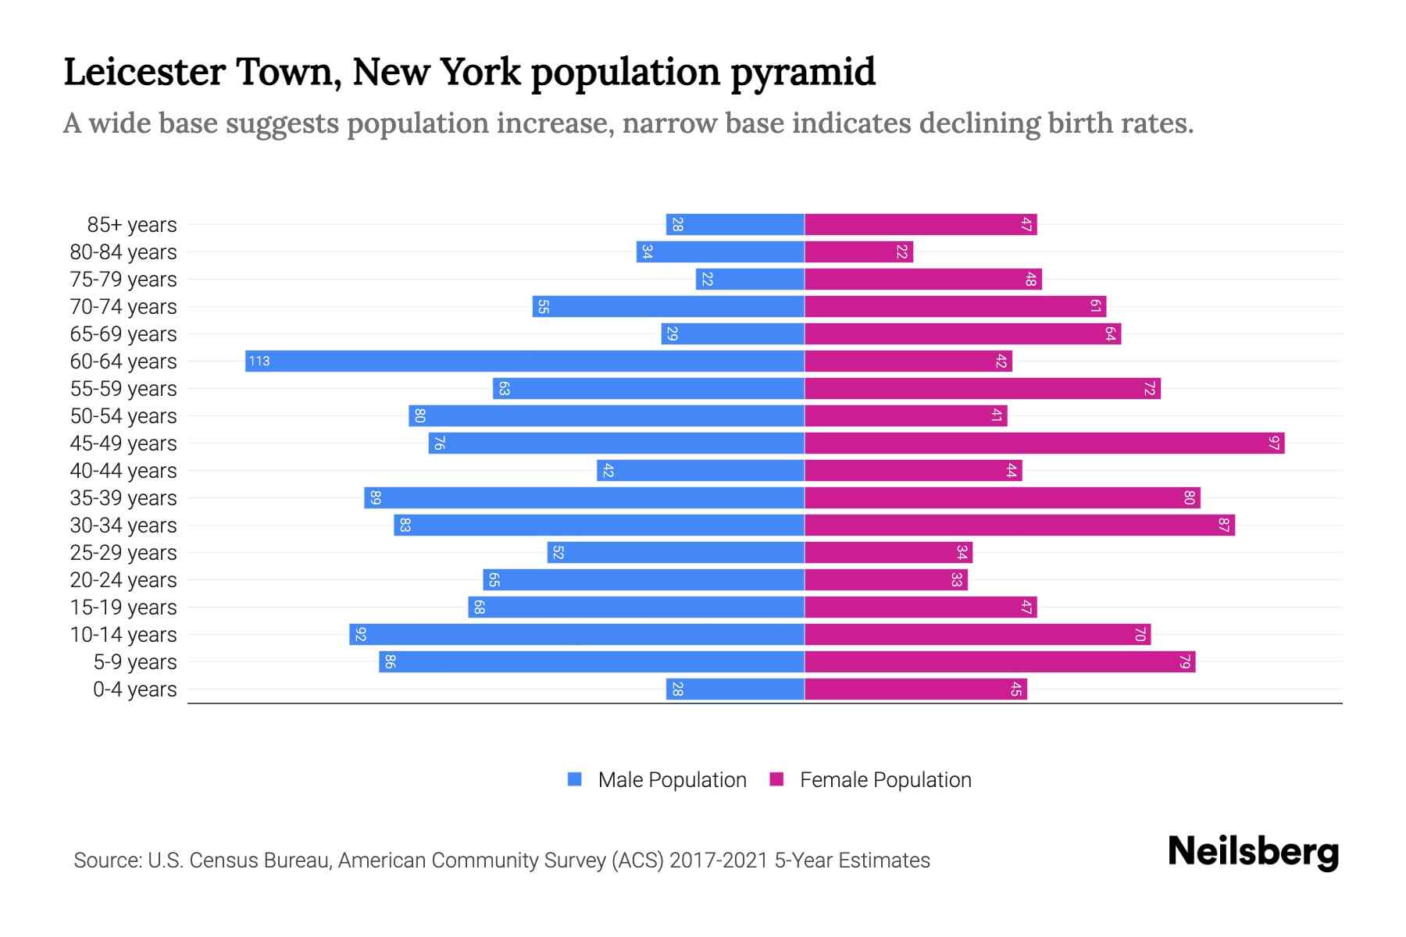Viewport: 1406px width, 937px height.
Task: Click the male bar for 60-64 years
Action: pyautogui.click(x=525, y=361)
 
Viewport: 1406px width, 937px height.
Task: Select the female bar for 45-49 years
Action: pyautogui.click(x=1044, y=444)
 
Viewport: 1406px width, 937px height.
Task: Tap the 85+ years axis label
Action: pyautogui.click(x=132, y=225)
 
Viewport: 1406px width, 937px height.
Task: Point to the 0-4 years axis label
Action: pyautogui.click(x=134, y=689)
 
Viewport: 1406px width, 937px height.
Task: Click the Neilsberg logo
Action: pyautogui.click(x=1253, y=852)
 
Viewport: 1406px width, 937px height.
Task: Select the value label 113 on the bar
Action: pyautogui.click(x=259, y=361)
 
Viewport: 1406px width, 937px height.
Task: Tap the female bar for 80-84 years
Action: pyautogui.click(x=858, y=252)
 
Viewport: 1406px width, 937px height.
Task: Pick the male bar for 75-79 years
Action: pyautogui.click(x=750, y=280)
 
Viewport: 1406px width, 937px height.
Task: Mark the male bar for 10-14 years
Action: pyautogui.click(x=576, y=635)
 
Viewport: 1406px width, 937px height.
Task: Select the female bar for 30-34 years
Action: pyautogui.click(x=1019, y=526)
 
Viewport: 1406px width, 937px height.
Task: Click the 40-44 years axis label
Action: pyautogui.click(x=123, y=471)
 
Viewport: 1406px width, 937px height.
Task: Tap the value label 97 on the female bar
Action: pyautogui.click(x=1274, y=444)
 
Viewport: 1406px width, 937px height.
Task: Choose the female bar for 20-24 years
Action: pyautogui.click(x=886, y=580)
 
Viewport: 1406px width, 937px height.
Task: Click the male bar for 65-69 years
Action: pyautogui.click(x=733, y=334)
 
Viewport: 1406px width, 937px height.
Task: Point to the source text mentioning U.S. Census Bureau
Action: pyautogui.click(x=501, y=860)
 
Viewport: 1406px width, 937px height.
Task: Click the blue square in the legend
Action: pyautogui.click(x=575, y=779)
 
